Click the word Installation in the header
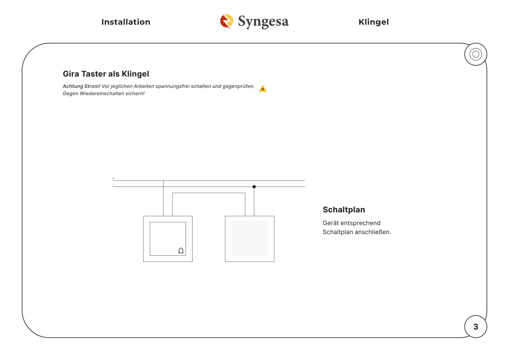click(x=126, y=22)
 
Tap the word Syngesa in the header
click(x=263, y=21)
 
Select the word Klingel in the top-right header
click(x=373, y=22)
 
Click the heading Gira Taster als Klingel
click(x=106, y=74)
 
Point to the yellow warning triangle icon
click(x=263, y=89)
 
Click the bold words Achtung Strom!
click(x=82, y=86)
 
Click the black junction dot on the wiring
click(x=254, y=187)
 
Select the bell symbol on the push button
click(x=181, y=251)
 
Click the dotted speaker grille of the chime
click(x=250, y=239)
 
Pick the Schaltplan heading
click(x=344, y=210)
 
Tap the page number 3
click(x=476, y=327)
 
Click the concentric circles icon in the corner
click(x=476, y=54)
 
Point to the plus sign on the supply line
click(x=113, y=178)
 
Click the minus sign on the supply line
click(x=113, y=185)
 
